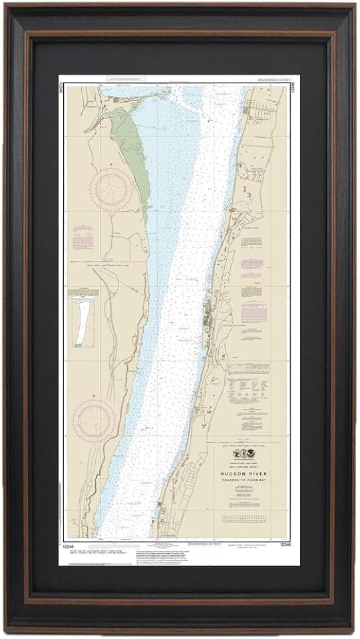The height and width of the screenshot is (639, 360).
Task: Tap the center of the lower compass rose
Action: (x=93, y=420)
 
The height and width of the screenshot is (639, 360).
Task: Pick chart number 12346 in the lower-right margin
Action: (x=285, y=544)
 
